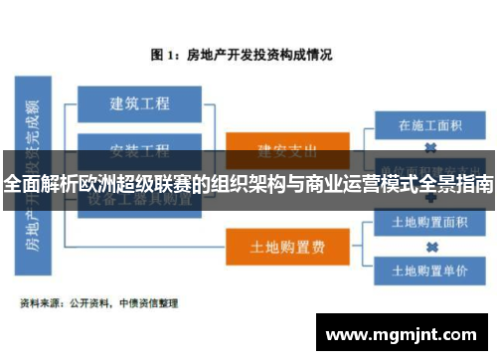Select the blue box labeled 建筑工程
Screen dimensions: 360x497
point(139,102)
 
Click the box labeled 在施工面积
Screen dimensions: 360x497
point(431,125)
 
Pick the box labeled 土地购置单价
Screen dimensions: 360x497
point(431,270)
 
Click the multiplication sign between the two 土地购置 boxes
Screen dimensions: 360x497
point(431,247)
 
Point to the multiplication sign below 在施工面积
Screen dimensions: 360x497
point(431,148)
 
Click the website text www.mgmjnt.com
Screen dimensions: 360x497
point(404,333)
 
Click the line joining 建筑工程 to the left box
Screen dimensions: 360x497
point(64,102)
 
